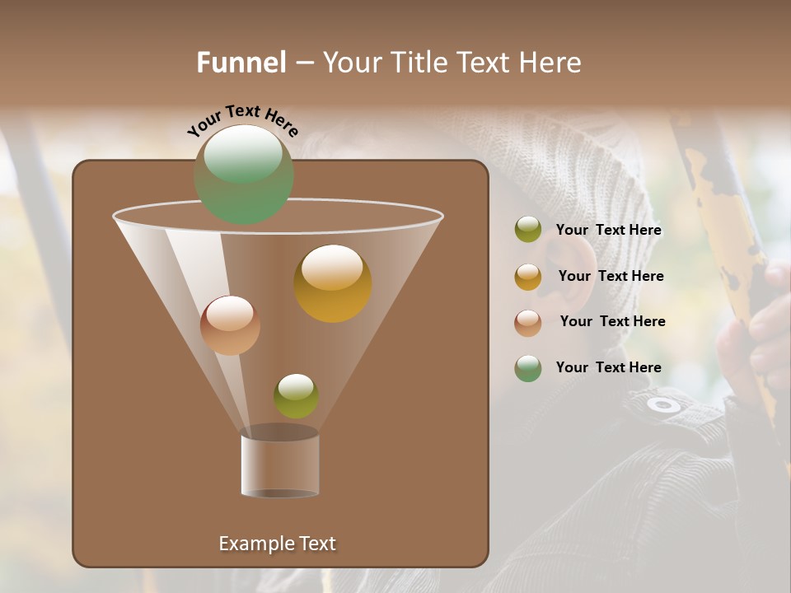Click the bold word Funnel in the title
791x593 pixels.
(241, 63)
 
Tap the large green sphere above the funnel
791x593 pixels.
(244, 174)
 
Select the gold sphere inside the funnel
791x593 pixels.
(333, 282)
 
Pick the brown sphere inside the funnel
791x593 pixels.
(230, 325)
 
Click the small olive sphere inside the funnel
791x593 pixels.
(296, 395)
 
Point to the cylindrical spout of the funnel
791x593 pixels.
(279, 464)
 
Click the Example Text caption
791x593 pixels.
(277, 544)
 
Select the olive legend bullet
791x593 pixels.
(528, 230)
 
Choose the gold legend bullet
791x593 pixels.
(528, 277)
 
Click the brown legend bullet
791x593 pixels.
(528, 322)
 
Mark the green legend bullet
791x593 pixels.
(528, 368)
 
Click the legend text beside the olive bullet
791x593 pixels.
(608, 231)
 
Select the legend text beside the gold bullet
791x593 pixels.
(611, 276)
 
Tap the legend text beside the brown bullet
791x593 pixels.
(612, 321)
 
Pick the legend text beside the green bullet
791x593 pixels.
(608, 367)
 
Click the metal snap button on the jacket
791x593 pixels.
(663, 404)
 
